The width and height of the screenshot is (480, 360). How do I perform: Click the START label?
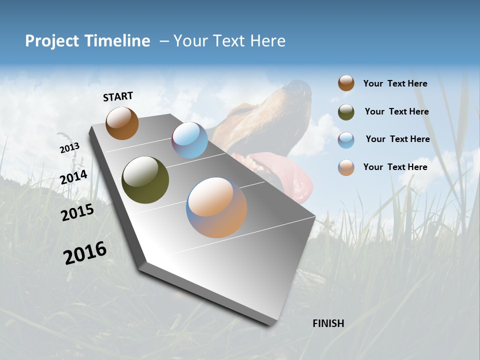coord(118,96)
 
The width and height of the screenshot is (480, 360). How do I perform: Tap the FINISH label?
coord(328,323)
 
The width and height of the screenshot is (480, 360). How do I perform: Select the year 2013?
coord(69,148)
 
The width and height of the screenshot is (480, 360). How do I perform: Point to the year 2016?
coord(85,253)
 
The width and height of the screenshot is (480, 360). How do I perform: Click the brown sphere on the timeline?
coord(122,123)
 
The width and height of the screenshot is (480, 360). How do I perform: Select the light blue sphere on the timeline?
coord(189,140)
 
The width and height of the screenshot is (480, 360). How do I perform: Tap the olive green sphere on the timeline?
coord(145,180)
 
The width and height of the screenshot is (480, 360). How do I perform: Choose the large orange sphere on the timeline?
coord(216,207)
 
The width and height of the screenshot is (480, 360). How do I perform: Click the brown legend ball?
coord(346,83)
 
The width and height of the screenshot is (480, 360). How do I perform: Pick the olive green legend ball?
coord(346,112)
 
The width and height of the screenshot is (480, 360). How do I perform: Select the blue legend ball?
coord(346,140)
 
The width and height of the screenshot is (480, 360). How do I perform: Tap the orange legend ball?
coord(346,167)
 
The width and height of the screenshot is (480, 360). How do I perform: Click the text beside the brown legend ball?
coord(395,83)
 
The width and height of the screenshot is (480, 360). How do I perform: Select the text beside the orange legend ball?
coord(395,167)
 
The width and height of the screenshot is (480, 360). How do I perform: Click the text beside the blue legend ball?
coord(397,139)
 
